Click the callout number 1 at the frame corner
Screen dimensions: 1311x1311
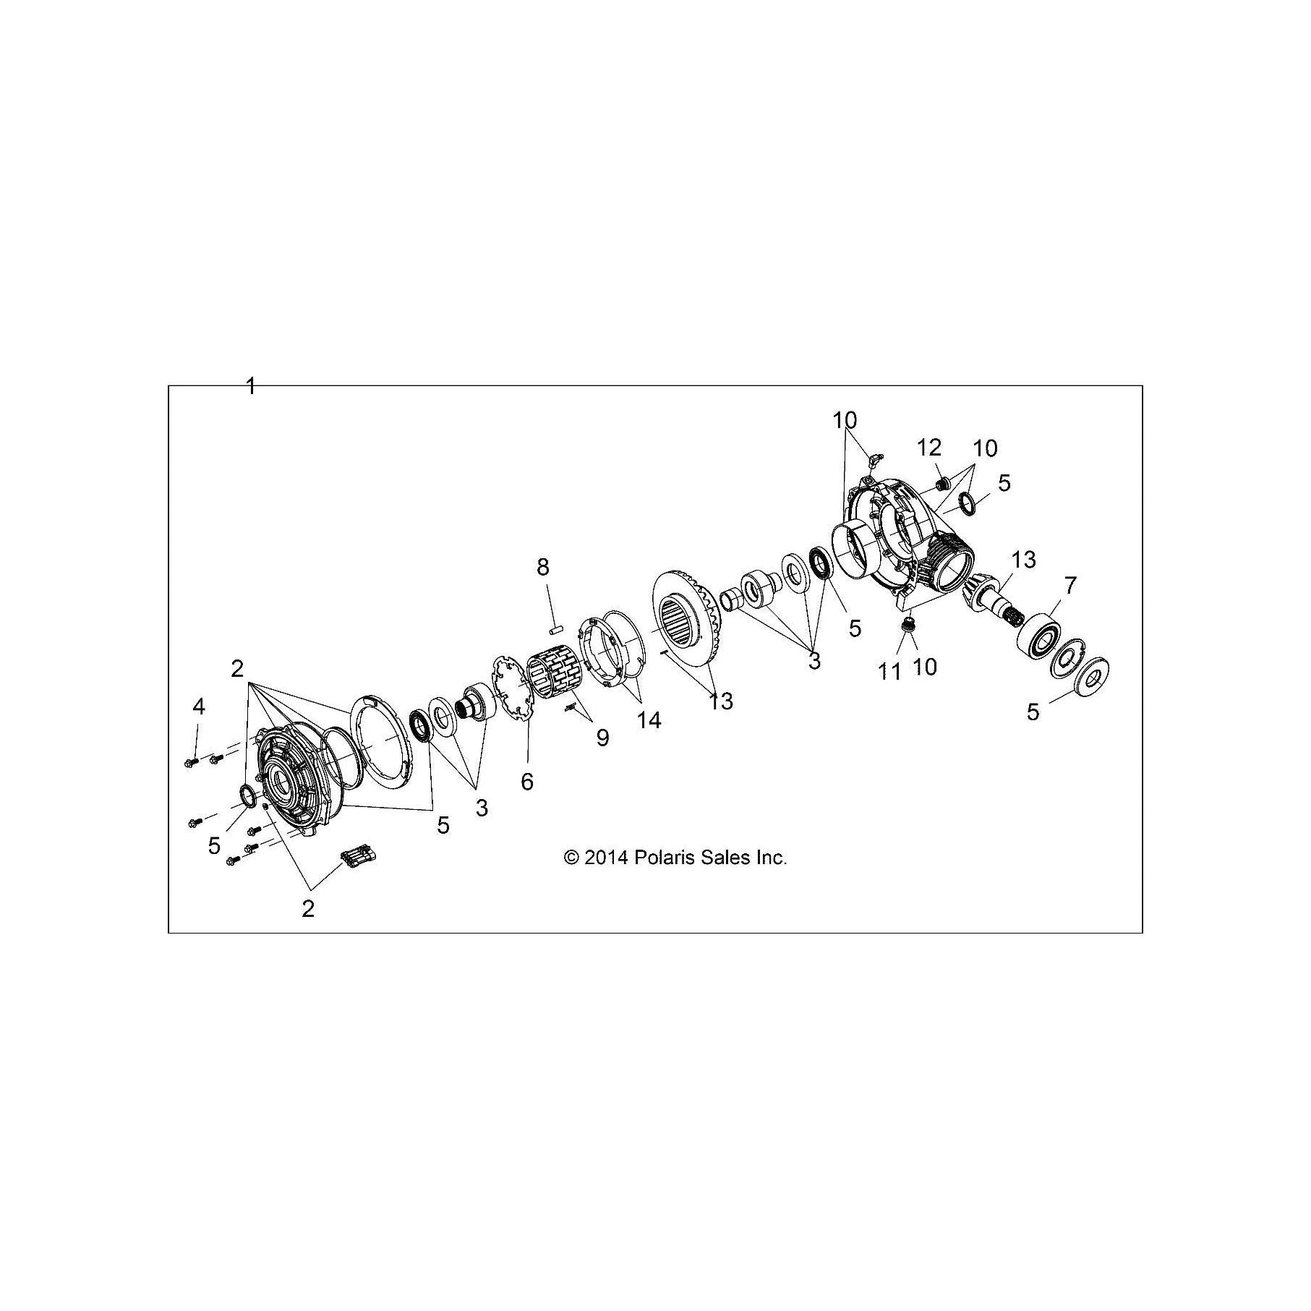(x=250, y=386)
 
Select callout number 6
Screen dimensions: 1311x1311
(x=526, y=781)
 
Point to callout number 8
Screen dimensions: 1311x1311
(x=543, y=567)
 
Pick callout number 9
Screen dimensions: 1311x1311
(x=602, y=737)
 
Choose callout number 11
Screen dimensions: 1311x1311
(x=890, y=672)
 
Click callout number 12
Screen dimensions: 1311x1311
(x=931, y=448)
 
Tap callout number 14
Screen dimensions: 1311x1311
(x=649, y=719)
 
